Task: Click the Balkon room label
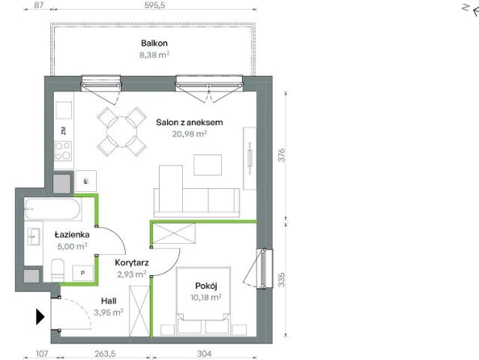click(x=154, y=43)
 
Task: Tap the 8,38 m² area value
click(x=154, y=55)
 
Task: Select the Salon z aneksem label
click(x=190, y=122)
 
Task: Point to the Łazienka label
click(x=72, y=235)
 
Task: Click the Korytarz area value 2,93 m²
click(x=132, y=274)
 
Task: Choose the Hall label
click(x=109, y=301)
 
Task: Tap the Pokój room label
click(x=206, y=286)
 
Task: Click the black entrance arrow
click(x=40, y=316)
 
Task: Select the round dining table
click(x=121, y=132)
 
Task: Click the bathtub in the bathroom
click(x=53, y=209)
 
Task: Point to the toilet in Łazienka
click(x=58, y=270)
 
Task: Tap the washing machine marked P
click(x=82, y=273)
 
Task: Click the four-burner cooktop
click(x=63, y=151)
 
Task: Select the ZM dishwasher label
click(x=64, y=130)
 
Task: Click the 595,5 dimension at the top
click(x=154, y=5)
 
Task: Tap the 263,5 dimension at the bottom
click(x=105, y=353)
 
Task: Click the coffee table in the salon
click(x=208, y=165)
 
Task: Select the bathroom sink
click(x=34, y=237)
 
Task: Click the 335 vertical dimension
click(x=281, y=280)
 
